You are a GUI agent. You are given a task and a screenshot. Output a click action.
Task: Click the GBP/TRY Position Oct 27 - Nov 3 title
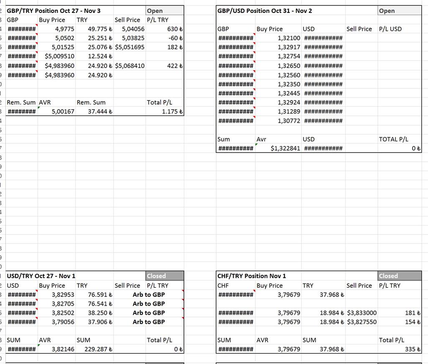pyautogui.click(x=54, y=10)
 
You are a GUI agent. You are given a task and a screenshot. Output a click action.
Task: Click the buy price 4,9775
pyautogui.click(x=64, y=29)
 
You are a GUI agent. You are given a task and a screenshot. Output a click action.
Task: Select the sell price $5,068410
pyautogui.click(x=130, y=66)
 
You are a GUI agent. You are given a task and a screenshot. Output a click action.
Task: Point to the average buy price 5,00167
pyautogui.click(x=63, y=112)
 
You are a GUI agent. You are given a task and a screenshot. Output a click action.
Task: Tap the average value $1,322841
pyautogui.click(x=285, y=148)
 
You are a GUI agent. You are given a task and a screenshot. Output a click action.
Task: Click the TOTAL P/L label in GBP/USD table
pyautogui.click(x=393, y=139)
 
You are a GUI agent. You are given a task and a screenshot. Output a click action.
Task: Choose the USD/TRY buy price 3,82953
pyautogui.click(x=63, y=295)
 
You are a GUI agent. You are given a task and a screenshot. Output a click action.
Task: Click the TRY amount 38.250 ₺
pyautogui.click(x=100, y=313)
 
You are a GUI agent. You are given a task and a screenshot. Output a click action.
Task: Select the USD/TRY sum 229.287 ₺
pyautogui.click(x=99, y=349)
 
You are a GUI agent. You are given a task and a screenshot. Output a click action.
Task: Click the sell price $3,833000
pyautogui.click(x=362, y=313)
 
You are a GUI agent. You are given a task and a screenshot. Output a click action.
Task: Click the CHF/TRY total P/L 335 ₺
pyautogui.click(x=413, y=349)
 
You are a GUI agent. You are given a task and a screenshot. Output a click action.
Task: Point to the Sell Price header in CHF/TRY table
pyautogui.click(x=359, y=286)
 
